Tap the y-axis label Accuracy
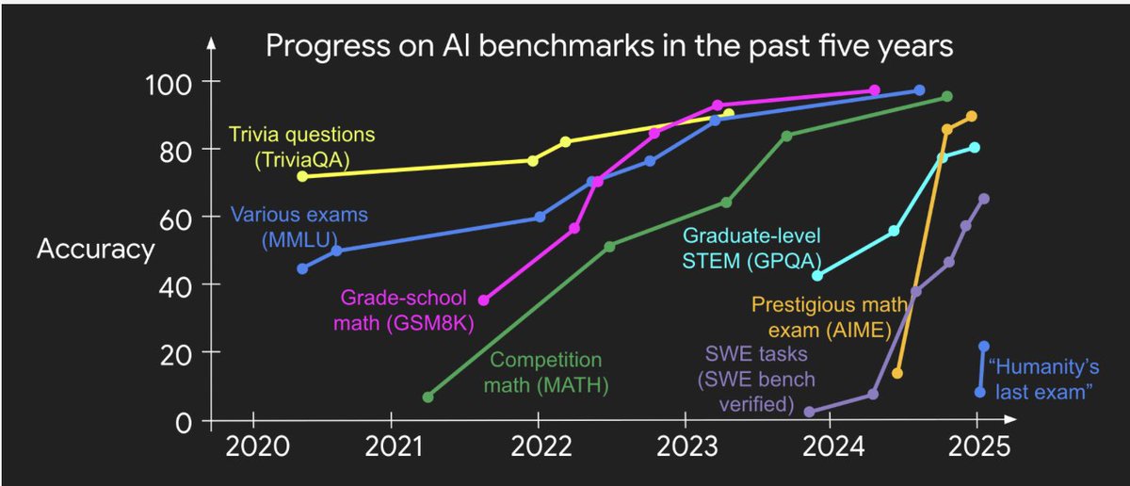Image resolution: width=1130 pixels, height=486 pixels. (96, 250)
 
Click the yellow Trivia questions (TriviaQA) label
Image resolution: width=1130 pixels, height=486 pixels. (301, 147)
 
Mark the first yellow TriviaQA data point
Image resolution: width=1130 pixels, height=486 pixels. (302, 176)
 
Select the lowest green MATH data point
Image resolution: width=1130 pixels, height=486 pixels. (428, 397)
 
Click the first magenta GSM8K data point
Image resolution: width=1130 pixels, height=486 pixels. (484, 300)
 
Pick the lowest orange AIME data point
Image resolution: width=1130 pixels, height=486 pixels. (896, 374)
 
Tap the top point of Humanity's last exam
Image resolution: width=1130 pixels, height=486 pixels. (984, 347)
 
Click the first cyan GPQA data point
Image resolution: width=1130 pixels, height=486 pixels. (817, 275)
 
